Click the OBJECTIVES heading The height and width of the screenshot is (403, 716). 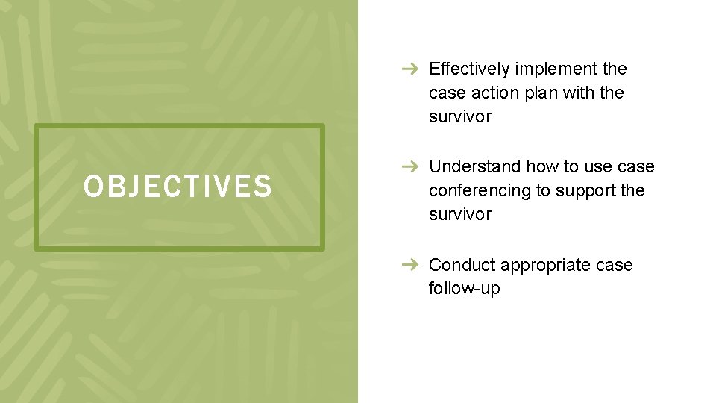pyautogui.click(x=178, y=187)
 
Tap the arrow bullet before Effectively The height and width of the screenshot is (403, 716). pyautogui.click(x=408, y=69)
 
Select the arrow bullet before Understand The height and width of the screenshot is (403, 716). pyautogui.click(x=408, y=167)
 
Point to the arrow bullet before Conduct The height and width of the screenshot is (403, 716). pyautogui.click(x=408, y=265)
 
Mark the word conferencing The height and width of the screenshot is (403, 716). pyautogui.click(x=480, y=190)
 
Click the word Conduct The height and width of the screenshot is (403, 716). pyautogui.click(x=462, y=265)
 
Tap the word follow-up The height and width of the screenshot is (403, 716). pyautogui.click(x=464, y=289)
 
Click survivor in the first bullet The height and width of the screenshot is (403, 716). pyautogui.click(x=460, y=117)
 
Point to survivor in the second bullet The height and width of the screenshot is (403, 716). pyautogui.click(x=460, y=215)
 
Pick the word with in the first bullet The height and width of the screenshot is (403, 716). pyautogui.click(x=577, y=93)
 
